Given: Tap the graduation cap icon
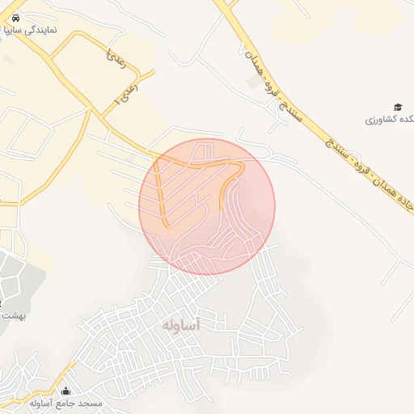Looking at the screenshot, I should [x=397, y=108].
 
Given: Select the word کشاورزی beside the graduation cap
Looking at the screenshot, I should [x=378, y=120].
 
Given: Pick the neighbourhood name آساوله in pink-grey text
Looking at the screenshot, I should [x=180, y=324].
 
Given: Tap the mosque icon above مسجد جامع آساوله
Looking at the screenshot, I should [x=66, y=391].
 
